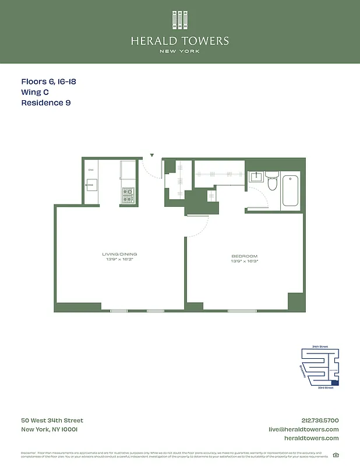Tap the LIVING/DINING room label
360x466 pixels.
click(119, 254)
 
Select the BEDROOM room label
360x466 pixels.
click(244, 256)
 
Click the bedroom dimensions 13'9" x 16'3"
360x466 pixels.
click(244, 262)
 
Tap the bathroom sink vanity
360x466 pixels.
click(256, 176)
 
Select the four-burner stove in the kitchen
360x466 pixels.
click(128, 195)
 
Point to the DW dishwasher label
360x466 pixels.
click(91, 170)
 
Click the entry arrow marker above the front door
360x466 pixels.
click(152, 156)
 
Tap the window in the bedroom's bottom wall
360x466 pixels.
click(242, 310)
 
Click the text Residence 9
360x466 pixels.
click(50, 103)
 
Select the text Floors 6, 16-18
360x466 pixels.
click(48, 82)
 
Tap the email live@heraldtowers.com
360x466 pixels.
click(303, 429)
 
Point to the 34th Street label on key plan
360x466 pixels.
click(320, 347)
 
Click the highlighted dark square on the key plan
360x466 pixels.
click(334, 382)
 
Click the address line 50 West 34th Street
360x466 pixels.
click(52, 421)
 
